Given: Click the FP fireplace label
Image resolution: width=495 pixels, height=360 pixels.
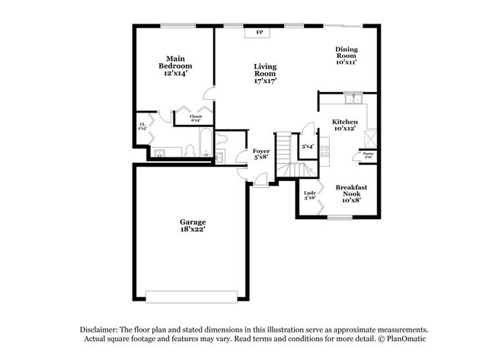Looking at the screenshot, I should (x=259, y=33).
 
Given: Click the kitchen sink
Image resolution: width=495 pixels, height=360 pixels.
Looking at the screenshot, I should (x=352, y=99).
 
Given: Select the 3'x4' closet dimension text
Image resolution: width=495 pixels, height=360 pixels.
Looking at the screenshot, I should (x=308, y=146).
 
